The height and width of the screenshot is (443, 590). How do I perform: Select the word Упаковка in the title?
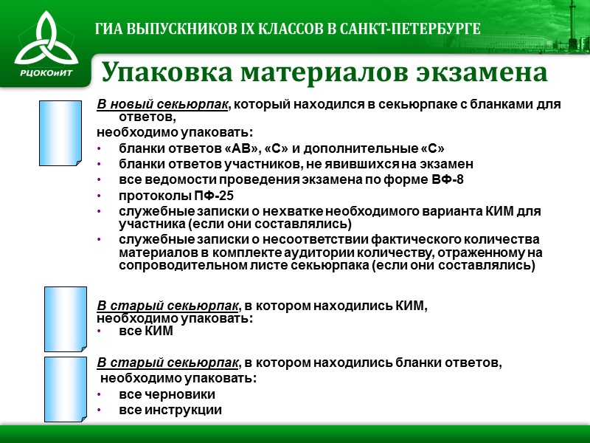click(164, 72)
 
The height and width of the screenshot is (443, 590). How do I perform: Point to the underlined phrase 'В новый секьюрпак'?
click(163, 104)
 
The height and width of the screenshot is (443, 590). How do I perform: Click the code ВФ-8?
click(448, 179)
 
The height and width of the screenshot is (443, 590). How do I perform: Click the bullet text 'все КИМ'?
click(146, 332)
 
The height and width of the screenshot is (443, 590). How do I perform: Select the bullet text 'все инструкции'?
click(170, 411)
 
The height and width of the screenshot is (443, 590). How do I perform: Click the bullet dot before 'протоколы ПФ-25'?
click(100, 196)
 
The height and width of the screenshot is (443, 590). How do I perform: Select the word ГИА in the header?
click(111, 29)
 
